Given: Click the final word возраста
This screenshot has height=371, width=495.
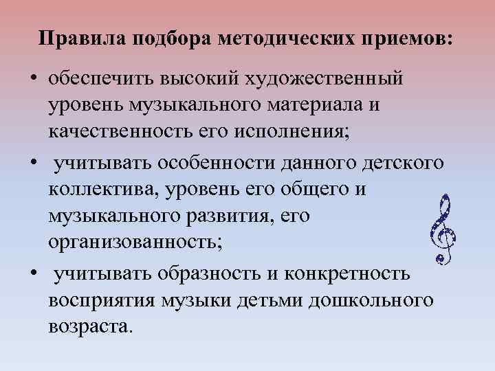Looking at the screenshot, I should [88, 326].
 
